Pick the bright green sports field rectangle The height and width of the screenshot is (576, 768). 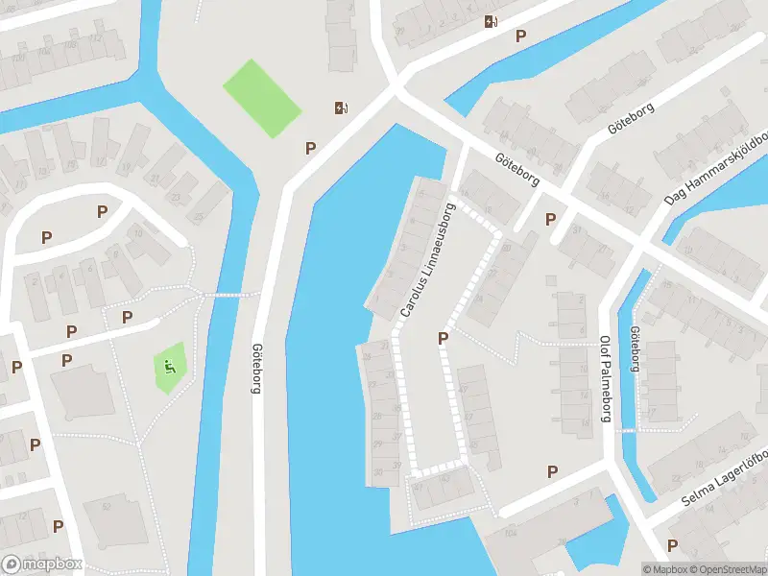tap(262, 99)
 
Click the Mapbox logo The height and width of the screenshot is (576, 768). tap(42, 564)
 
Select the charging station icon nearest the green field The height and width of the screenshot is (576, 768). tap(340, 108)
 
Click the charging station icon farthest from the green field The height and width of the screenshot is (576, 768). tap(491, 21)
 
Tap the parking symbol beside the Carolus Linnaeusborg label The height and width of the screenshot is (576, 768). tap(443, 338)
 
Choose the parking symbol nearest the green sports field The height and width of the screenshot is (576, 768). tap(310, 148)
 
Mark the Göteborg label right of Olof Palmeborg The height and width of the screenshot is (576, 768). tap(634, 349)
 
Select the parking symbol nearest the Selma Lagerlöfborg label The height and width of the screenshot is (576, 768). tap(672, 545)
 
